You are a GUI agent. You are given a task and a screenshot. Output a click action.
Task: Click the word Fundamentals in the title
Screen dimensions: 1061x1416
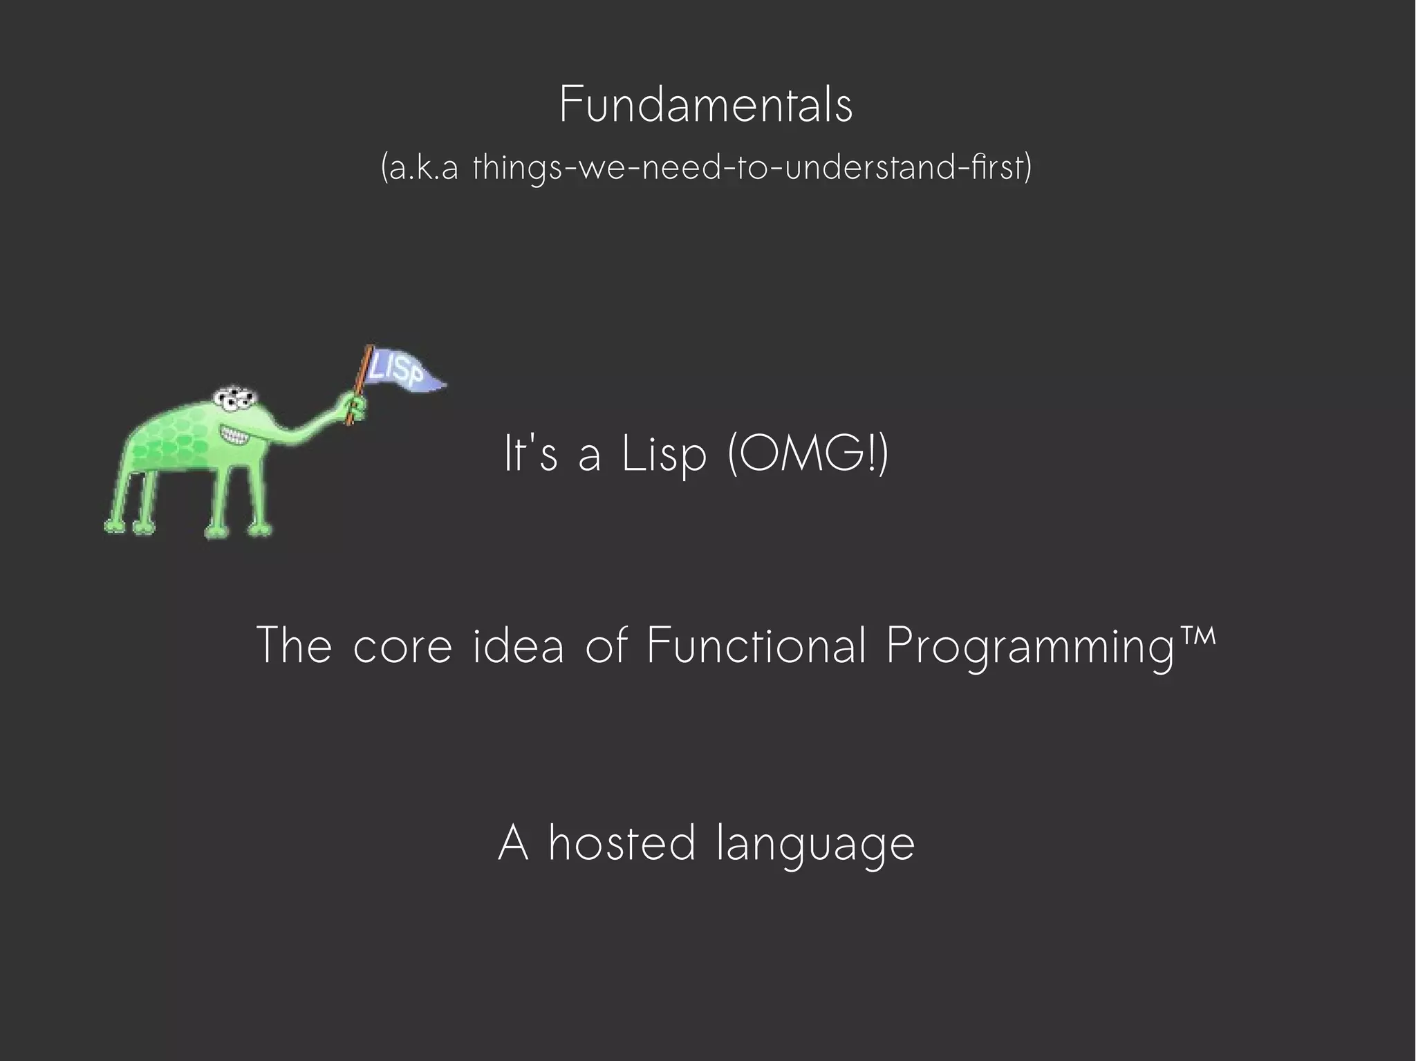(706, 106)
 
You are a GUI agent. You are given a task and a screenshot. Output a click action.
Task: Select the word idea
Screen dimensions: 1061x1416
(519, 645)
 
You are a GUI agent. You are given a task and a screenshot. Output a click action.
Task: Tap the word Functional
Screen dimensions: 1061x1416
(756, 645)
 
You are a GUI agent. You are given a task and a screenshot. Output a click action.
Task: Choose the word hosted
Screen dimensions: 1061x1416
(622, 843)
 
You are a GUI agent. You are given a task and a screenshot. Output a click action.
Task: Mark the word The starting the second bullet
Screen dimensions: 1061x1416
(294, 645)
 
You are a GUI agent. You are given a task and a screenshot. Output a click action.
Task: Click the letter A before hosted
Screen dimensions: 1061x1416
(514, 843)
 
